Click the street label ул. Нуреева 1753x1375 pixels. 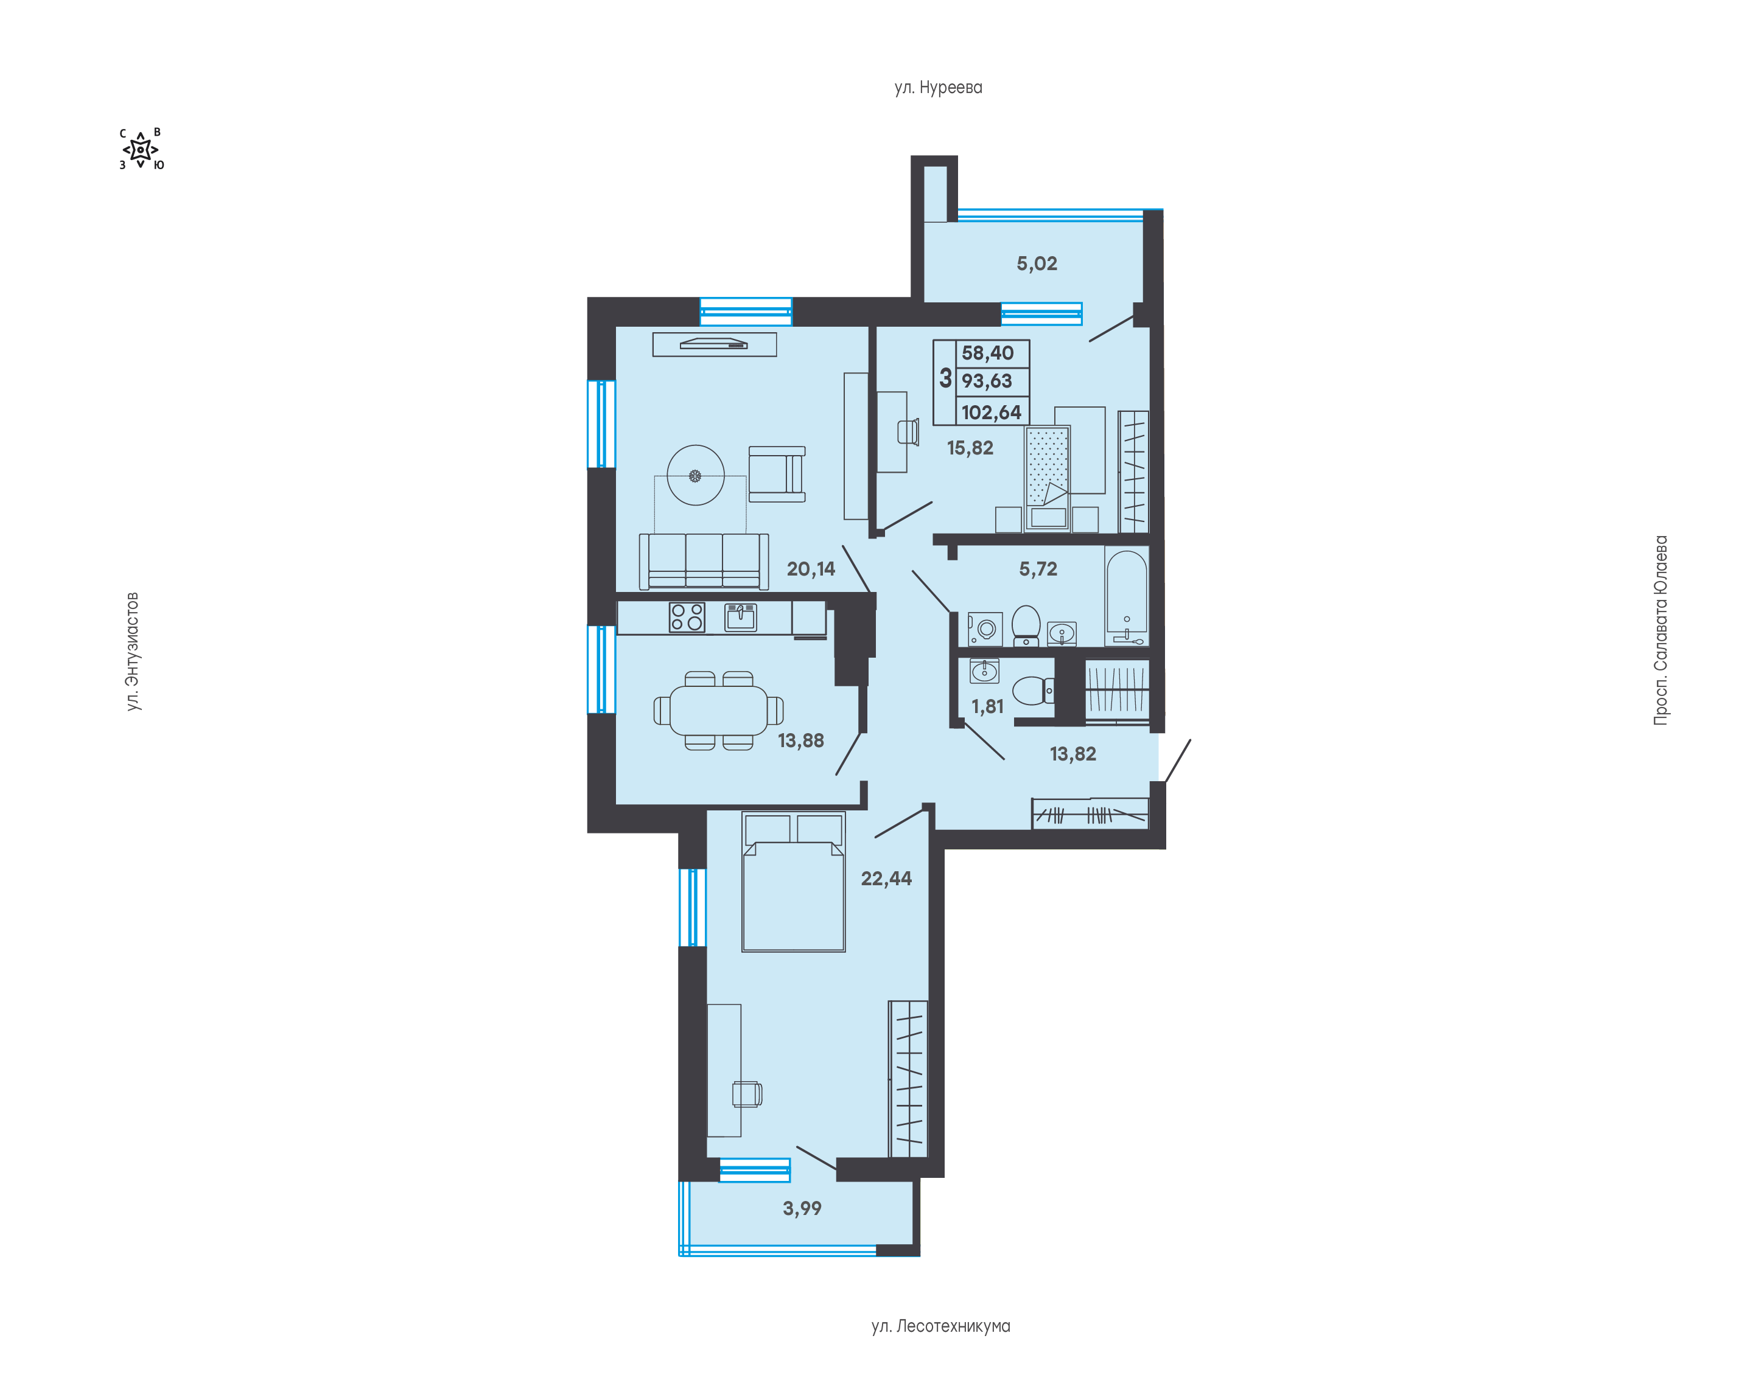click(938, 87)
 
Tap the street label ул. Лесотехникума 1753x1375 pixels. click(940, 1326)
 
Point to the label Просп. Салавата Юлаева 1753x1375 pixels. click(1660, 630)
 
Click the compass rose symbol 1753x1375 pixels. click(141, 150)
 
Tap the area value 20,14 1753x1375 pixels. click(811, 569)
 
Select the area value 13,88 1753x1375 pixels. click(800, 740)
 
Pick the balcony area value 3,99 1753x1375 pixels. click(802, 1208)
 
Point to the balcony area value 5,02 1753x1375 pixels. click(1037, 263)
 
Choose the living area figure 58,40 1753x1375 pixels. click(988, 353)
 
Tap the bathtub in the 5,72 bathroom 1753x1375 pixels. click(1127, 596)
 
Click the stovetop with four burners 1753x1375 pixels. click(687, 618)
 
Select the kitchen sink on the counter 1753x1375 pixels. click(740, 618)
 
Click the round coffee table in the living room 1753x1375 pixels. click(696, 476)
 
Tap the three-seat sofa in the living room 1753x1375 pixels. click(704, 561)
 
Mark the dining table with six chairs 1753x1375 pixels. click(718, 711)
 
